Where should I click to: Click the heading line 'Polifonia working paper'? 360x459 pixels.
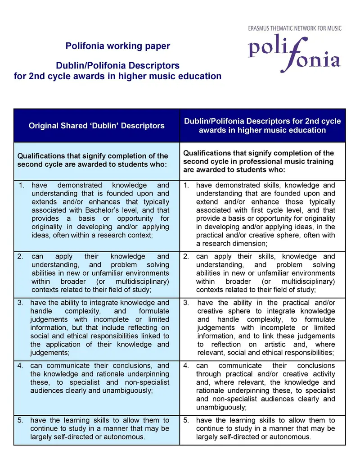point(118,46)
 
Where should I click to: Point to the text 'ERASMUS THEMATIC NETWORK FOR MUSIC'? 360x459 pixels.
point(295,28)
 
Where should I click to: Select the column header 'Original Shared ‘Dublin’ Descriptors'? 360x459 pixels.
point(97,126)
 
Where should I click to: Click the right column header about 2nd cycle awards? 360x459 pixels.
point(262,126)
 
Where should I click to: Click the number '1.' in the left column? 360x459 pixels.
point(22,185)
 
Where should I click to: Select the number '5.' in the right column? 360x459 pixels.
point(186,420)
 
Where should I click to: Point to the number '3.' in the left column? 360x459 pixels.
point(20,303)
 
